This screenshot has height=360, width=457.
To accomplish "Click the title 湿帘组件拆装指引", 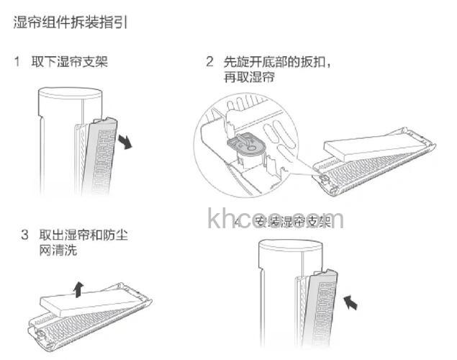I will pyautogui.click(x=71, y=23).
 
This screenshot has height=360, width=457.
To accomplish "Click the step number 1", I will pyautogui.click(x=17, y=61).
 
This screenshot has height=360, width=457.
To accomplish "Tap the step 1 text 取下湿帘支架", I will pyautogui.click(x=69, y=61).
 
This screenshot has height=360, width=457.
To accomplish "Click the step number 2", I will pyautogui.click(x=209, y=61).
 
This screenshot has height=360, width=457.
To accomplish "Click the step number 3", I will pyautogui.click(x=24, y=235).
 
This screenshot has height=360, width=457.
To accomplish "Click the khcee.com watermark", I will pyautogui.click(x=276, y=219).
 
